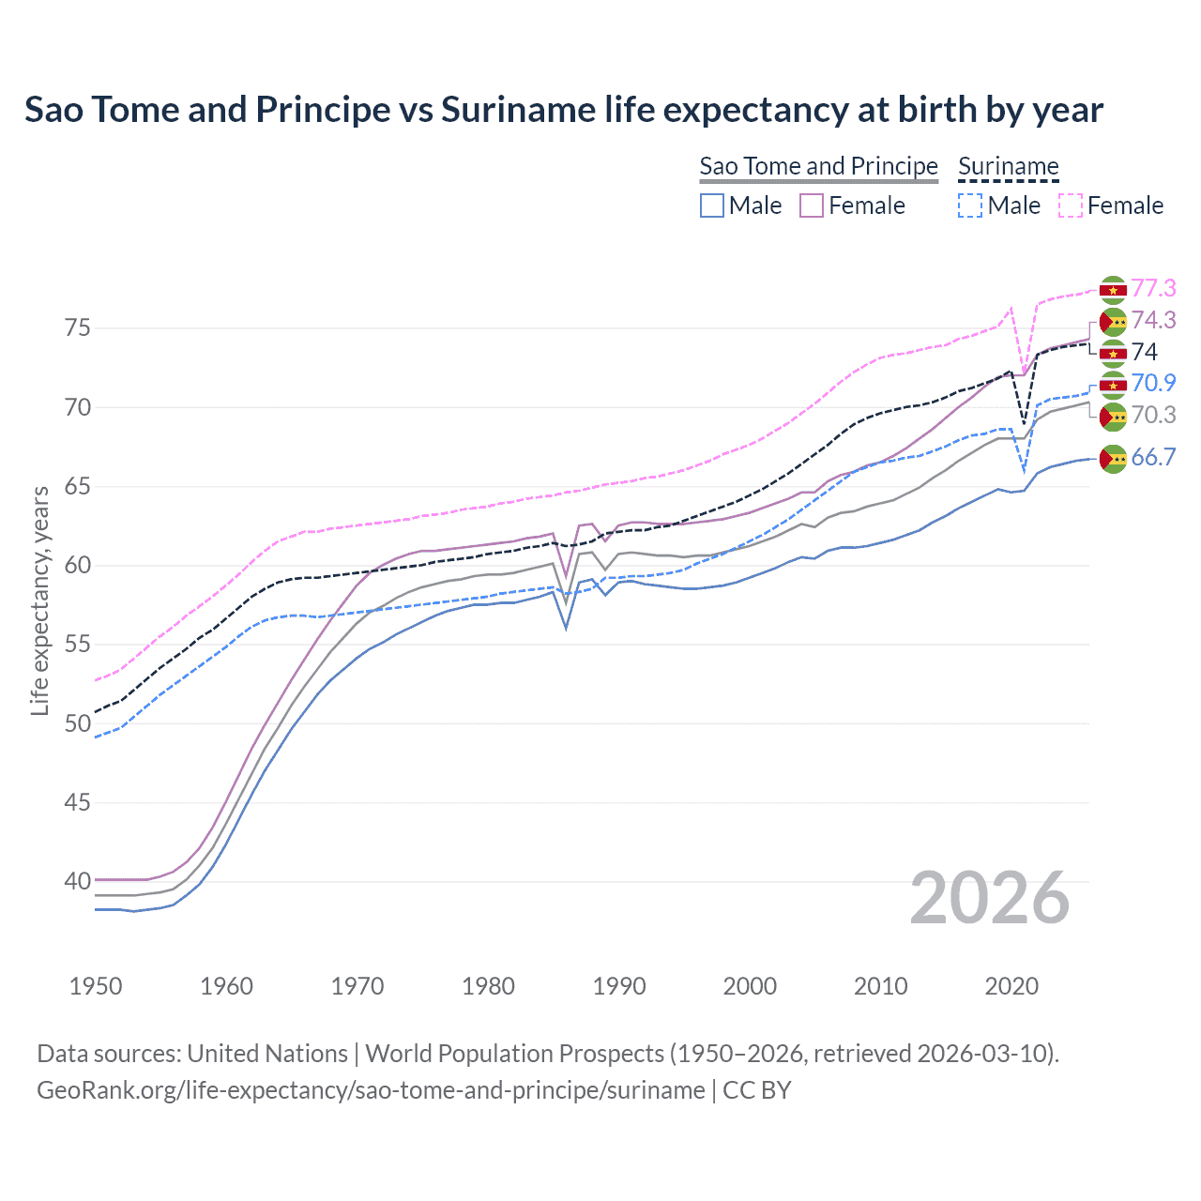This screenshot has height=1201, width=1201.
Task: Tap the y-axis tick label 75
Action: coord(78,327)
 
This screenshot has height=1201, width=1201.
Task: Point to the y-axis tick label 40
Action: coord(78,881)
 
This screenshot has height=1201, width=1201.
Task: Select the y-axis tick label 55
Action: coord(78,644)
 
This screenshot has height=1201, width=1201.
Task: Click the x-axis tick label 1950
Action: coord(96,986)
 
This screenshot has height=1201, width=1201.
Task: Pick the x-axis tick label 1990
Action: coord(619,986)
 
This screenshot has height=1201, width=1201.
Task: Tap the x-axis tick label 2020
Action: coord(1011,986)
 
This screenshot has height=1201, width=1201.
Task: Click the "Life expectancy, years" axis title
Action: coord(39,600)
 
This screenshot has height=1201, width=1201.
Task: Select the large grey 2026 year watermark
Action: coord(989,898)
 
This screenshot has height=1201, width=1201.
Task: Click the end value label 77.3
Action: coord(1153,288)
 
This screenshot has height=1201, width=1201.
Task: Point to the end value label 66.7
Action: coord(1153,457)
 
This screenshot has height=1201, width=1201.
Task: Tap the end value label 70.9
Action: coord(1153,383)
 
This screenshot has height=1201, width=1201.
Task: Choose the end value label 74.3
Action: coord(1153,320)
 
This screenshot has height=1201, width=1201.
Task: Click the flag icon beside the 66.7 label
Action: coord(1113,459)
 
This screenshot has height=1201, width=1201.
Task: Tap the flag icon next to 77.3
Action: coord(1113,290)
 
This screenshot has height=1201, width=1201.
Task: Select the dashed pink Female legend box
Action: coord(1071,205)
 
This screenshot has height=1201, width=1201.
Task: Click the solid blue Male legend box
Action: coord(712,205)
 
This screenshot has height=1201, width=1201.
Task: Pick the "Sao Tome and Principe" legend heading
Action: coord(818,166)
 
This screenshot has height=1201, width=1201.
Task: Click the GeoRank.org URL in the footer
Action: coord(371,1090)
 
